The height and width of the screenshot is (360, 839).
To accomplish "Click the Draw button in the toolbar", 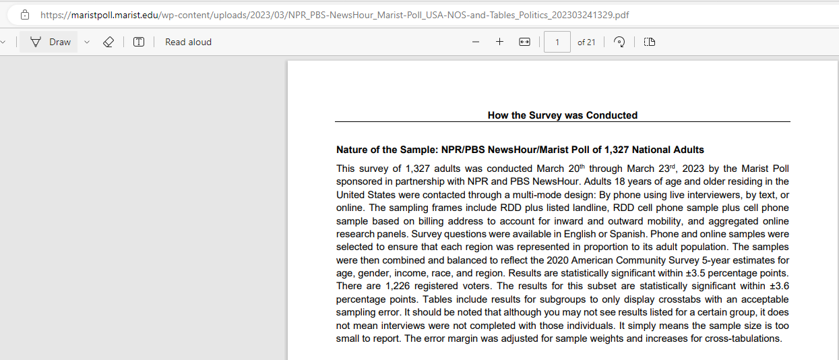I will click(51, 42).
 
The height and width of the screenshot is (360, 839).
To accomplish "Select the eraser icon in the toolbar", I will click(108, 42).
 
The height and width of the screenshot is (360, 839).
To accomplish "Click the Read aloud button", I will click(188, 42).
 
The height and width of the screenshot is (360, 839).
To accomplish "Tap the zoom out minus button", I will click(476, 42).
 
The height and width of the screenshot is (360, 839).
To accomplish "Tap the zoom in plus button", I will click(499, 42).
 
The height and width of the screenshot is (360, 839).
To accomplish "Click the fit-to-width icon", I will click(524, 42).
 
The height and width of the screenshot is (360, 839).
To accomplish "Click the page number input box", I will click(557, 42).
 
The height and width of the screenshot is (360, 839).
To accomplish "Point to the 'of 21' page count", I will click(586, 42).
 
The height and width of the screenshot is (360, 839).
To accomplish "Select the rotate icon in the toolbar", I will click(619, 42).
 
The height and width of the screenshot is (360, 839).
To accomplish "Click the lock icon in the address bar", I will click(25, 14).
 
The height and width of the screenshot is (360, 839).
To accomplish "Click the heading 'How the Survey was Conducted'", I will click(562, 115).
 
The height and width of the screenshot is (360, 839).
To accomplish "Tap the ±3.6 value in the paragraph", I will click(776, 286).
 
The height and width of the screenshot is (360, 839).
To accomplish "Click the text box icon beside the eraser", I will click(139, 42).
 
